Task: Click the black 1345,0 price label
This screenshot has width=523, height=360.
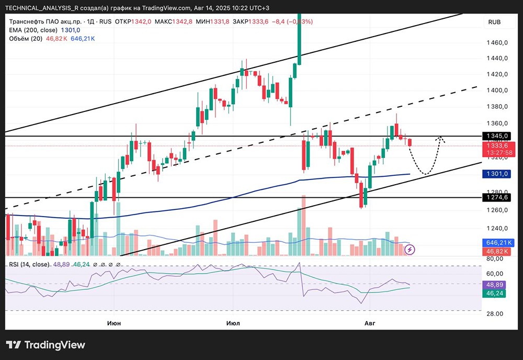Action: pos(497,136)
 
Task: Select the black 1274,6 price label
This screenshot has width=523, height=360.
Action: pos(497,197)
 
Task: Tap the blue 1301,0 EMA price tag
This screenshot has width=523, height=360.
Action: pos(497,174)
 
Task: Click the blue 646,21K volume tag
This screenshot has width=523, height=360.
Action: pos(498,243)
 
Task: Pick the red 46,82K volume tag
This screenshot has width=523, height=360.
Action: pos(497,251)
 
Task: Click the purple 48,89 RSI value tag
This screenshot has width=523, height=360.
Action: pos(494,285)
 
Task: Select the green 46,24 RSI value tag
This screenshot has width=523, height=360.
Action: pos(494,293)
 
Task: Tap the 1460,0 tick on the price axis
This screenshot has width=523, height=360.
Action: pos(497,42)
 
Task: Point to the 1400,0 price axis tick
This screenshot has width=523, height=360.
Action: pos(497,90)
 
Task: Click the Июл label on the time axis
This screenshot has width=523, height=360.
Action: pos(233,323)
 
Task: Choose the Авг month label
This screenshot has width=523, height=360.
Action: pos(370,323)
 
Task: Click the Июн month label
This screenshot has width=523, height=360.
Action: pos(114,323)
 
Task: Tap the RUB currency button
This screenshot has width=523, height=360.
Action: pos(494,22)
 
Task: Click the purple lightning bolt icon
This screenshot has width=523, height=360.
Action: pos(410,249)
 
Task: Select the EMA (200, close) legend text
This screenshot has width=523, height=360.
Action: pos(33,30)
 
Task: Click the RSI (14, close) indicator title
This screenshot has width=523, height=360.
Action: pos(29,264)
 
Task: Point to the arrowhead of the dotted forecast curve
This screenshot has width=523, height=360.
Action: pos(441,139)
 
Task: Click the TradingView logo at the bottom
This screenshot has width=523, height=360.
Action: pos(46,345)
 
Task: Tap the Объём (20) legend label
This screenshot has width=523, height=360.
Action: pos(26,39)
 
